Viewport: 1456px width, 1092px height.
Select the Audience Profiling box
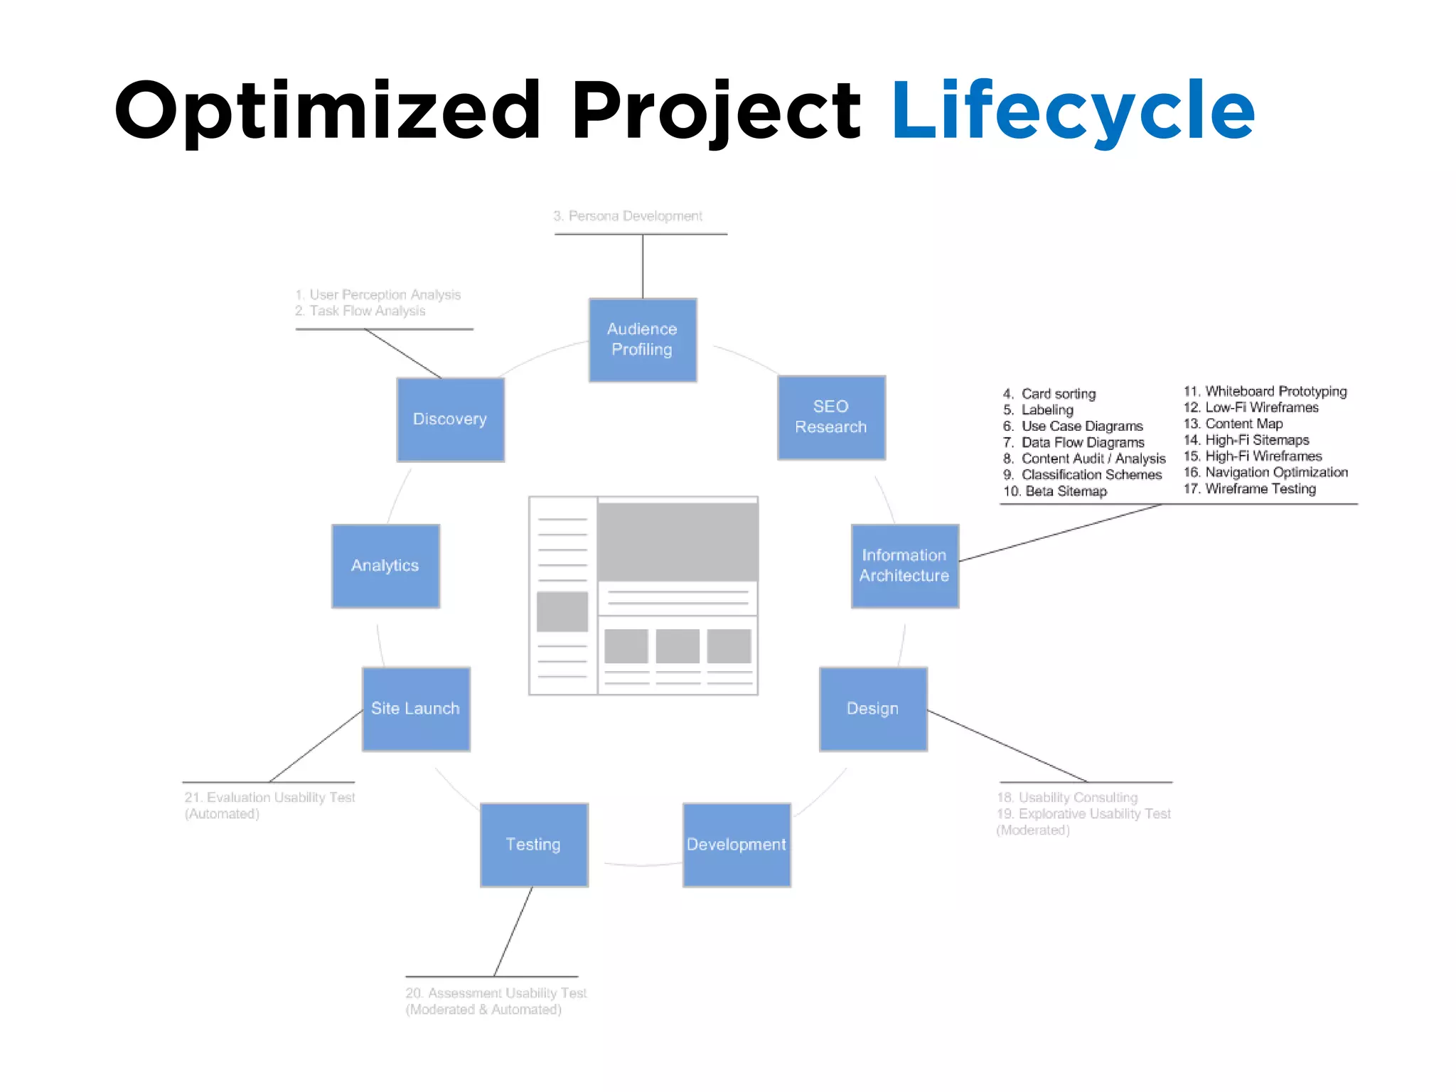[x=643, y=340]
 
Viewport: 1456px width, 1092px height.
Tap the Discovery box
[x=450, y=419]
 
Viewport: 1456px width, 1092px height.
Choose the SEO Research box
[x=831, y=417]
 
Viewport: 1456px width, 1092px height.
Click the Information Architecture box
[x=904, y=566]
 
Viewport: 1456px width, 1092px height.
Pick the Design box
[x=873, y=709]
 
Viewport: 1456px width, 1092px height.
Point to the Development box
[x=737, y=845]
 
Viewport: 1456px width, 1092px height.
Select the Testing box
[x=534, y=845]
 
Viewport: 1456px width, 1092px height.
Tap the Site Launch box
[x=416, y=709]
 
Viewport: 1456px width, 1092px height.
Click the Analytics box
[x=385, y=566]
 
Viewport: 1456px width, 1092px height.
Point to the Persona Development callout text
[x=628, y=216]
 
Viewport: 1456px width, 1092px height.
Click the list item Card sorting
[x=1058, y=394]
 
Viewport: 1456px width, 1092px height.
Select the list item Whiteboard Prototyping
[x=1275, y=391]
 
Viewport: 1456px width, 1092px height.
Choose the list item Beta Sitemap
[x=1065, y=491]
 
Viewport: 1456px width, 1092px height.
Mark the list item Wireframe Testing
[x=1260, y=489]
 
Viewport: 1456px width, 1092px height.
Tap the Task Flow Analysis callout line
[x=367, y=311]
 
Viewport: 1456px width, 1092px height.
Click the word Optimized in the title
[x=327, y=111]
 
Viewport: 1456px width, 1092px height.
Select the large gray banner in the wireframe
[x=678, y=542]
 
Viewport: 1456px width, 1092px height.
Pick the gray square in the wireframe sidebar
[x=562, y=611]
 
